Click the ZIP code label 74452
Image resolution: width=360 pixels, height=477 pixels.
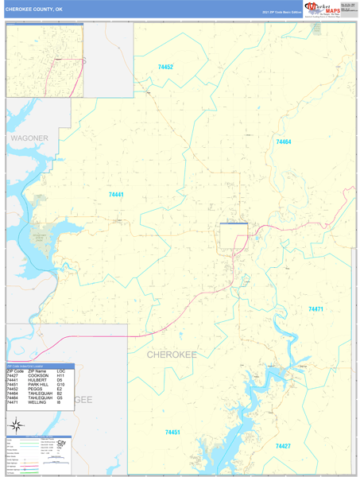(165, 68)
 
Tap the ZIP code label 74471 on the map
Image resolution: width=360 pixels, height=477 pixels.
(316, 308)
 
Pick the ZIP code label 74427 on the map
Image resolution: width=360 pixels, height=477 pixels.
(284, 446)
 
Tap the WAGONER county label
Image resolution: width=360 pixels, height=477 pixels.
(29, 138)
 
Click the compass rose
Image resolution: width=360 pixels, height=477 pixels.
(14, 428)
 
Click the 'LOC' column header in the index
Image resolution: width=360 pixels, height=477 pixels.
(61, 371)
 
